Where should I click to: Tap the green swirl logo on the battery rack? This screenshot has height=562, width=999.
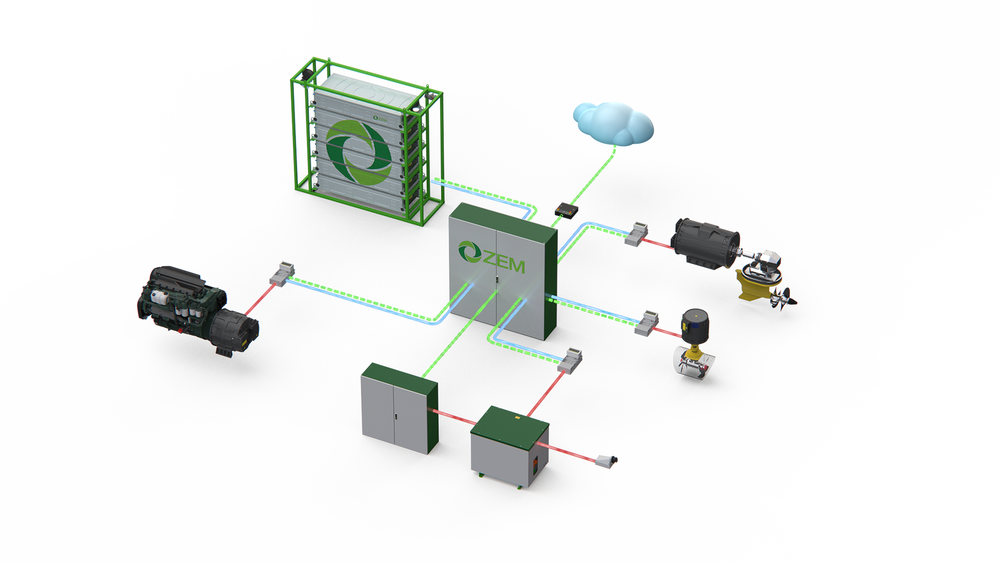[x=358, y=151]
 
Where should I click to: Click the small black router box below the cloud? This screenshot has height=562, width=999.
[x=566, y=210]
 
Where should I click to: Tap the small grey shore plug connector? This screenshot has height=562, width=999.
[x=607, y=461]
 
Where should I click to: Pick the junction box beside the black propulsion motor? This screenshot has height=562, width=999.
[x=636, y=234]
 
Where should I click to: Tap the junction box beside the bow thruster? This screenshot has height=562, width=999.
[x=647, y=323]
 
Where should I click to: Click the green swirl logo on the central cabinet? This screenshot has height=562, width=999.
[x=469, y=252]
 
